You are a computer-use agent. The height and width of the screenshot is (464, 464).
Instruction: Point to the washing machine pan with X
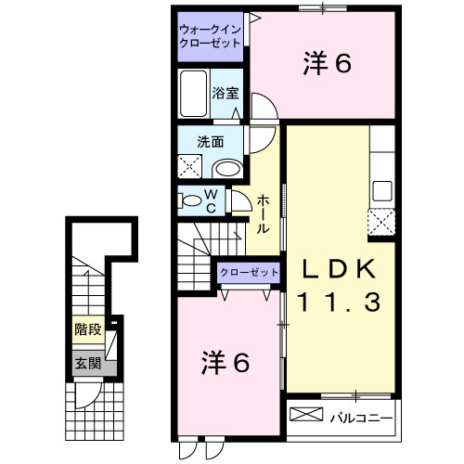coord(191,166)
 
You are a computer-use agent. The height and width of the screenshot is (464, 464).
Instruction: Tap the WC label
coord(212,200)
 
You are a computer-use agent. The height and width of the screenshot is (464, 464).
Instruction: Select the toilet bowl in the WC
coord(191,200)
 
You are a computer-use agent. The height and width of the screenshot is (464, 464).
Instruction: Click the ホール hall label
coord(264,213)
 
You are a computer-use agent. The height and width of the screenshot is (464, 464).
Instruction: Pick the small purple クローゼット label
coord(249,272)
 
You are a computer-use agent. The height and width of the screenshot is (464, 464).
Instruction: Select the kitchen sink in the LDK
coord(382,192)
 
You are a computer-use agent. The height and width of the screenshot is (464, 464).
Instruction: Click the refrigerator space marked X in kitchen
coord(381,224)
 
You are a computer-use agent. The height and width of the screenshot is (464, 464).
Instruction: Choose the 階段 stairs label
coord(89,329)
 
